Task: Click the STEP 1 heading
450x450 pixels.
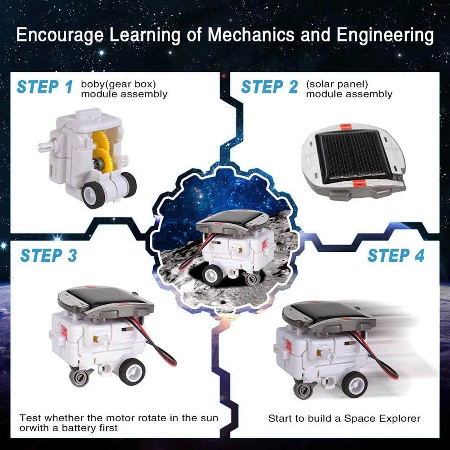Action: coord(45,87)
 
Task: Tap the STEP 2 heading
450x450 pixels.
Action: coord(269,87)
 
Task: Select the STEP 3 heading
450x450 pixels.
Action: coord(49,255)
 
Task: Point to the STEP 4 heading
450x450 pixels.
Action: coord(396,255)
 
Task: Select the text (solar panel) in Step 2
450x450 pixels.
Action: coord(337,84)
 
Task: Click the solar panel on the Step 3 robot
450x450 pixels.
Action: coord(106,299)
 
